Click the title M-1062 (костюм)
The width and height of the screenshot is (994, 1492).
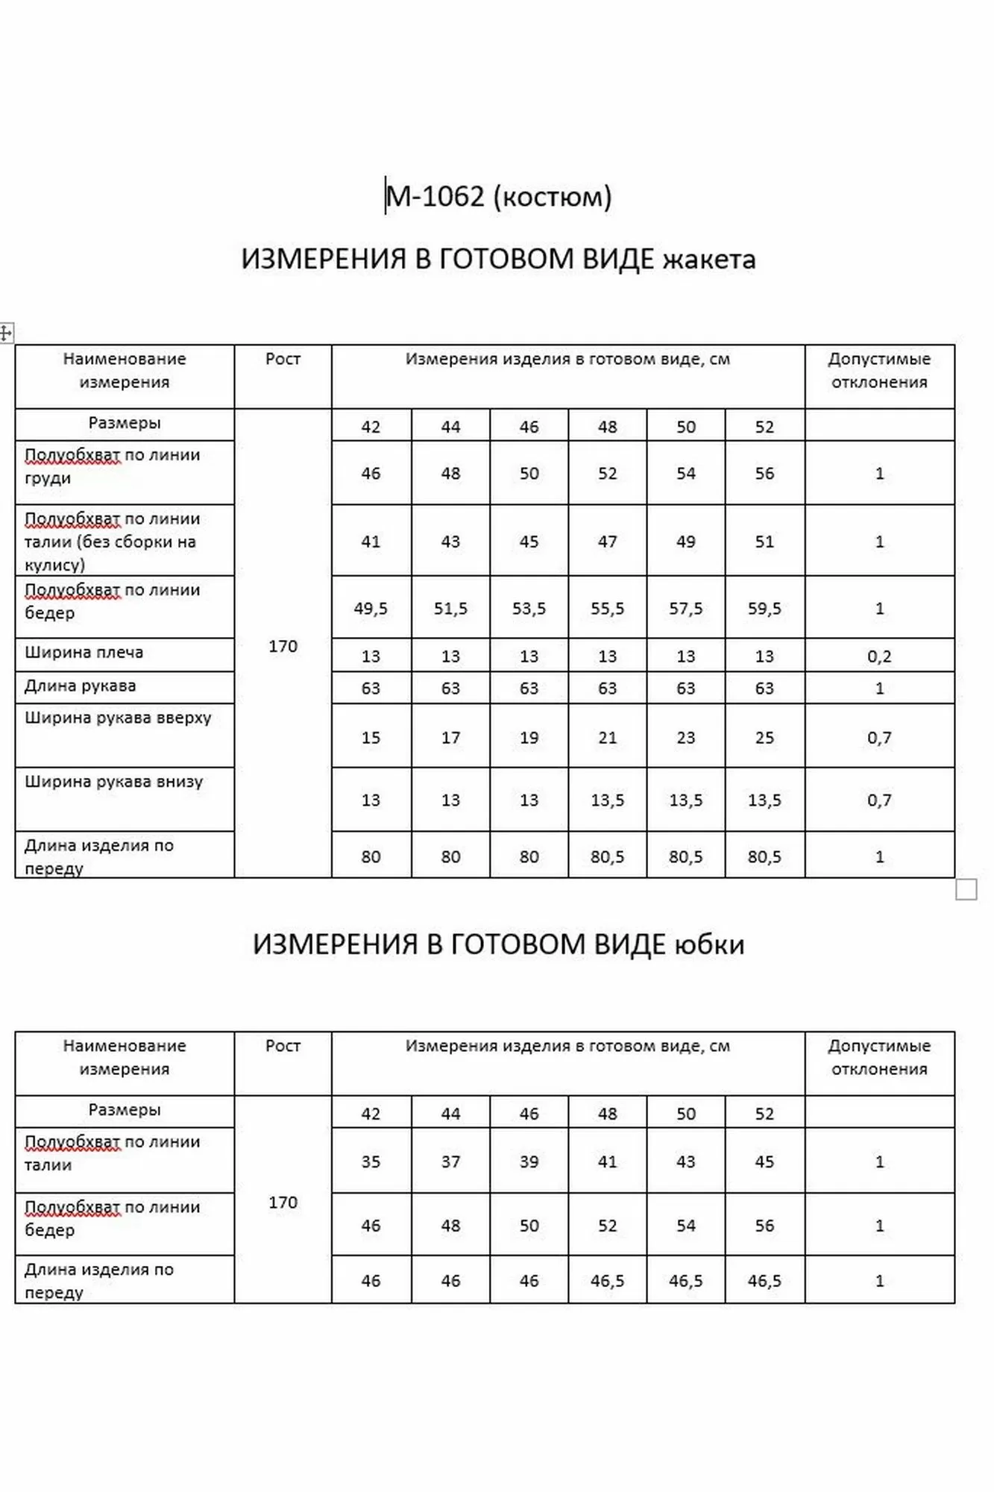tap(498, 196)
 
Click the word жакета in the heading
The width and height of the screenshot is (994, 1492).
tap(709, 259)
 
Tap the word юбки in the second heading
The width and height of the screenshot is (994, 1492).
tap(709, 944)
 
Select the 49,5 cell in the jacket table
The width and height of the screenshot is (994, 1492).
tap(371, 609)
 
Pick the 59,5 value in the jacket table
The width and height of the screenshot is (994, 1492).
tap(764, 609)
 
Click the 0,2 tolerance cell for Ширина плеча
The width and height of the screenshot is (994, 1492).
tap(879, 656)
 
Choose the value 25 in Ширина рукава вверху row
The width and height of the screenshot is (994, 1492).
tap(764, 738)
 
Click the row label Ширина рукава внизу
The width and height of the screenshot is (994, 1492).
tap(114, 782)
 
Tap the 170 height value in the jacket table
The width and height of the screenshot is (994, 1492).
tap(283, 646)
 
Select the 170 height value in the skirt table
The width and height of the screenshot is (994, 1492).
tap(283, 1202)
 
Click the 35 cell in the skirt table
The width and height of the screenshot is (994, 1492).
tap(371, 1162)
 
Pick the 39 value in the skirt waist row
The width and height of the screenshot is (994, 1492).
tap(529, 1162)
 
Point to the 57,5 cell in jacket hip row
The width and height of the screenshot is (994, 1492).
tap(685, 609)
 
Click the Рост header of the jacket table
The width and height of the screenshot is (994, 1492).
tap(283, 359)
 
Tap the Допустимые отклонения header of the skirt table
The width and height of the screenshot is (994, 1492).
tap(879, 1057)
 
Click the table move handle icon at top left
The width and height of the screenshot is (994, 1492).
tap(6, 333)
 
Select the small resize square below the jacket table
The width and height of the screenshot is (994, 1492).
tap(966, 890)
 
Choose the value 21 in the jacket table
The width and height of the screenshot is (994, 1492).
tap(607, 738)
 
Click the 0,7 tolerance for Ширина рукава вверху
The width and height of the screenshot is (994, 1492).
tap(879, 738)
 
